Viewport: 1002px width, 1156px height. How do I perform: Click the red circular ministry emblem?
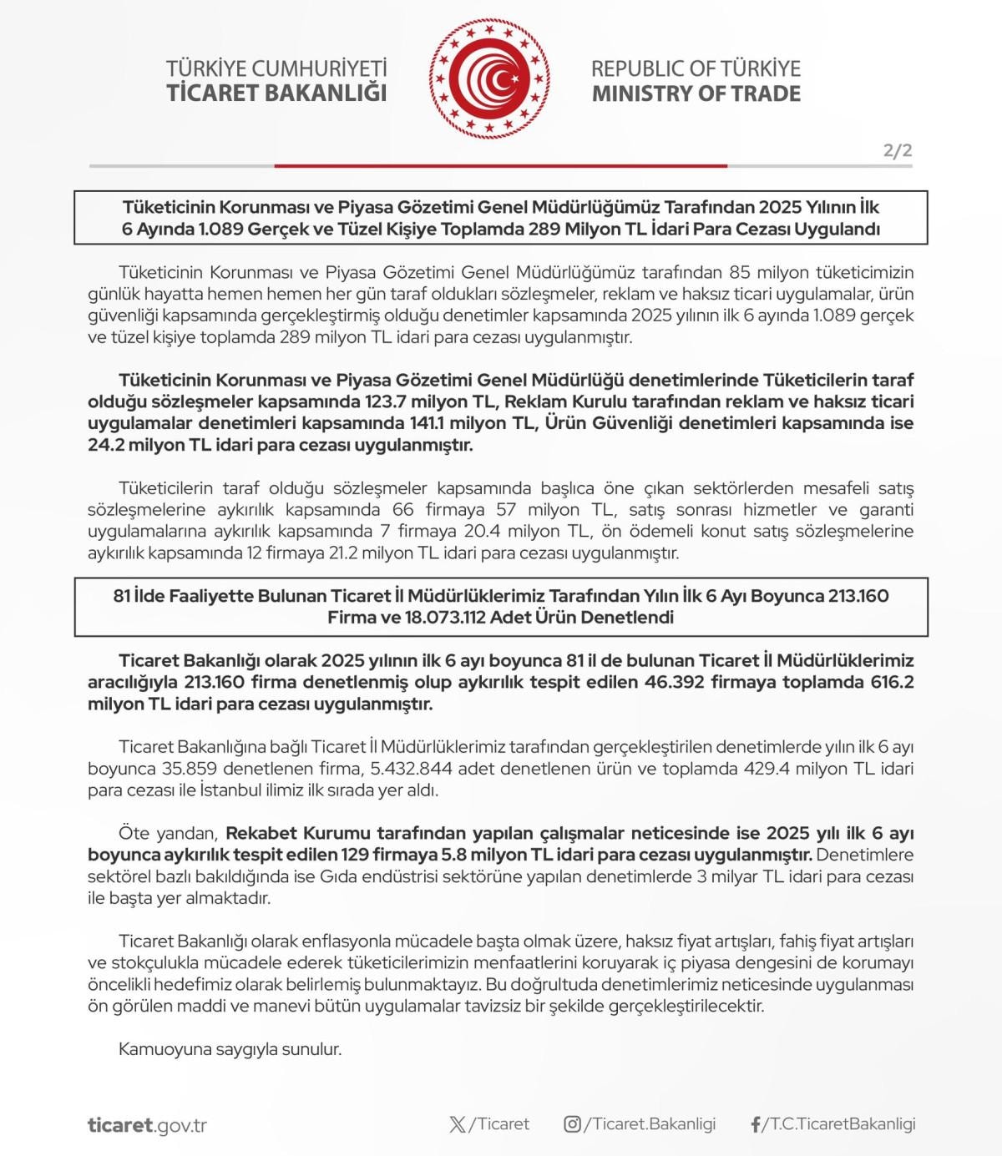[489, 80]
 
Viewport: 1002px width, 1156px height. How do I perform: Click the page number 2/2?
[898, 151]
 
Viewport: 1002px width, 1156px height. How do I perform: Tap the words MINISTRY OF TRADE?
[696, 93]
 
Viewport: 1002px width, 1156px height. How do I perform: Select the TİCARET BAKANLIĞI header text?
[276, 93]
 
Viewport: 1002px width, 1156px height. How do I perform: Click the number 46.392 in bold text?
[674, 682]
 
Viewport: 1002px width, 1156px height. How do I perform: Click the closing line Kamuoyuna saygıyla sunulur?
[230, 1049]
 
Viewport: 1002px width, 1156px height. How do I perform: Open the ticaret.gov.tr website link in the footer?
[147, 1125]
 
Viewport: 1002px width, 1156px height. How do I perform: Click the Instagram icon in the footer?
[572, 1124]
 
